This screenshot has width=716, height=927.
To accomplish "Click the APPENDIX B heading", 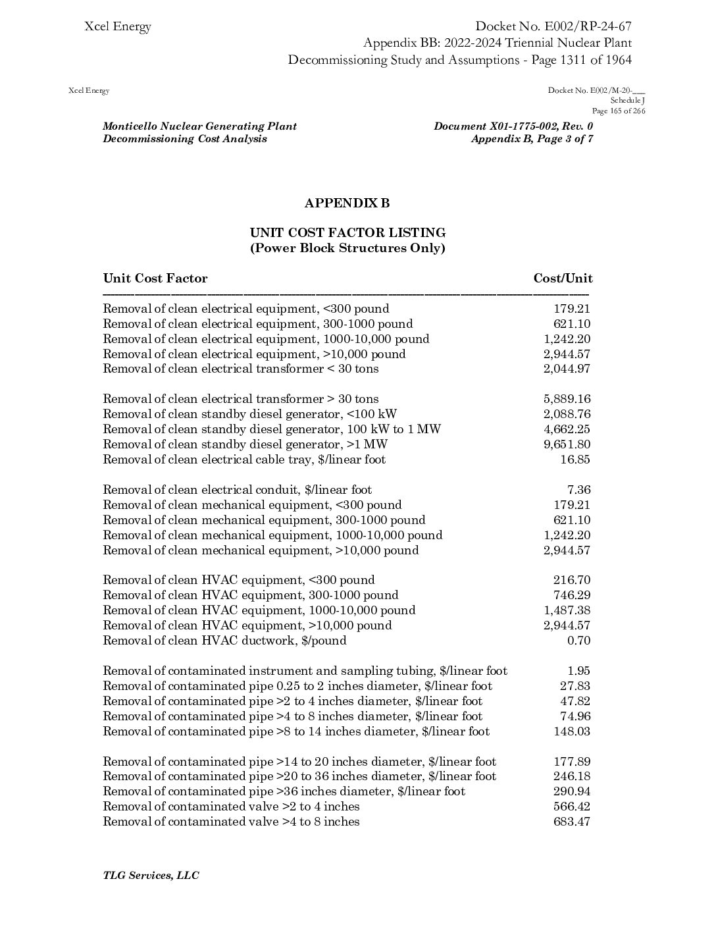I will [347, 203].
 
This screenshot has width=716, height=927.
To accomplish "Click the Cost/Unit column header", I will [563, 278].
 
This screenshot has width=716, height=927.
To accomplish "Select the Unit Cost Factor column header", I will [155, 278].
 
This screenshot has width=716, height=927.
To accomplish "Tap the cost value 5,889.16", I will [567, 399].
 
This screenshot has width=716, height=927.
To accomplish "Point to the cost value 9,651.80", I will [567, 444].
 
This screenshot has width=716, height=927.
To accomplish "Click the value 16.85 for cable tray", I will [575, 460].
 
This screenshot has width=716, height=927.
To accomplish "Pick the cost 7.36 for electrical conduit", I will [578, 490].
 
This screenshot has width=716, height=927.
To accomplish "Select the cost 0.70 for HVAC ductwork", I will [578, 641].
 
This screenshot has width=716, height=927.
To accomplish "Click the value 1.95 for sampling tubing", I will [578, 671].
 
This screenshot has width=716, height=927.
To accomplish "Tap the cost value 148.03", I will [571, 731].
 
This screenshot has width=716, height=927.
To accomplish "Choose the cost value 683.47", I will [571, 822].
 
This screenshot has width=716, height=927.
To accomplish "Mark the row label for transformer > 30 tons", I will [241, 399].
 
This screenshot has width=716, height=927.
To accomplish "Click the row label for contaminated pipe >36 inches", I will [284, 791].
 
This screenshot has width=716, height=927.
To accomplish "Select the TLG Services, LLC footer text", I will [151, 876].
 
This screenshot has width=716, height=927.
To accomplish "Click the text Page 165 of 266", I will [619, 111].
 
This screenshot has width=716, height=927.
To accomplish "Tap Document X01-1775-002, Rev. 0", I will [513, 126].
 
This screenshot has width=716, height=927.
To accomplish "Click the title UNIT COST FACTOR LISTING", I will [347, 233].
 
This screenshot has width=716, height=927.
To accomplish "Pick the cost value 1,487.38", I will [567, 610].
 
